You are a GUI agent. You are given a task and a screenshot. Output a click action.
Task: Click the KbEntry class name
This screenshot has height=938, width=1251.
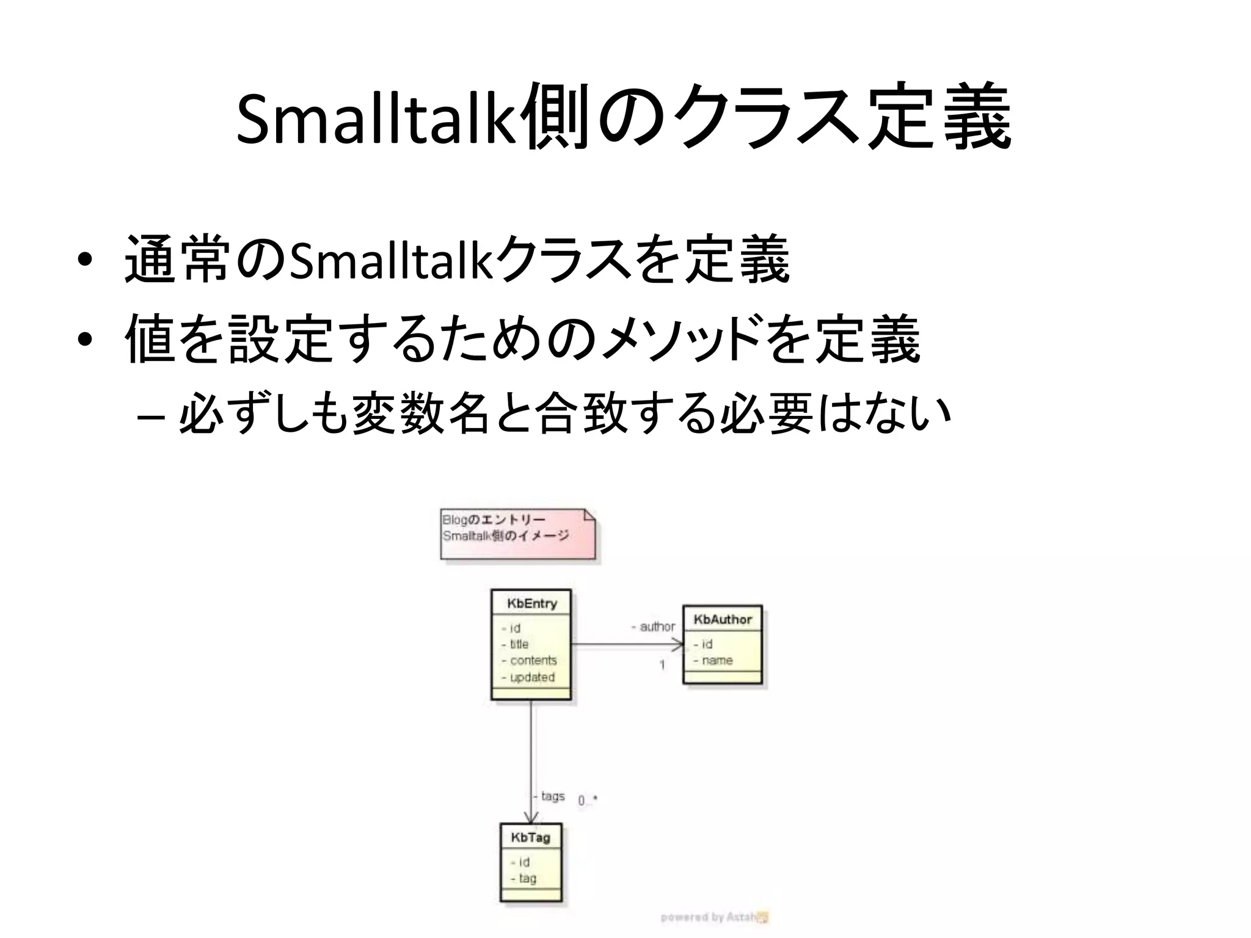pos(532,604)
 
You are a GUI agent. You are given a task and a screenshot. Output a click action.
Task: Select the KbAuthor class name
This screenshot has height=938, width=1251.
pos(723,620)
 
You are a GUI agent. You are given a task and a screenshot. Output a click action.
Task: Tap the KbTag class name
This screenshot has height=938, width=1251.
pos(531,838)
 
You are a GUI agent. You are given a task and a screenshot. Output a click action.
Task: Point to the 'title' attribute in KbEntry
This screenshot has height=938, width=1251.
pos(519,644)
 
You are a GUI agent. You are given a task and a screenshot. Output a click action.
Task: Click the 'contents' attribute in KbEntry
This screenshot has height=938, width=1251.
pos(533,661)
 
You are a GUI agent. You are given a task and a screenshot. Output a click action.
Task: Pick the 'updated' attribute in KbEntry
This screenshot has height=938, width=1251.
pos(531,677)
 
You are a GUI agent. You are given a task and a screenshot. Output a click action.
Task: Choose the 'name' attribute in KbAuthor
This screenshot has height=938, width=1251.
pos(717,661)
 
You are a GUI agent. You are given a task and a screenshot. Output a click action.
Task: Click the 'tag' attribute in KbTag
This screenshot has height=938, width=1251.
pos(527,879)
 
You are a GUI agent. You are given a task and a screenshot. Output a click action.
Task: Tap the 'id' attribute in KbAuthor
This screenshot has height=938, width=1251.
pos(707,644)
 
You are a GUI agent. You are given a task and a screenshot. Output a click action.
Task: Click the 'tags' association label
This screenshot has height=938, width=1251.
pos(552,796)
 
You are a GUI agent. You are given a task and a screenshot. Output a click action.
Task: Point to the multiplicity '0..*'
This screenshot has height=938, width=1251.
pos(588,800)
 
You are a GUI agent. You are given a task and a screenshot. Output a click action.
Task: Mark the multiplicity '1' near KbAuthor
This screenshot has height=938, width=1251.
pos(662,665)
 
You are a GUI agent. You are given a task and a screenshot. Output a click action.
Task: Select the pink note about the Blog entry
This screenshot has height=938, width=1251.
pos(517,533)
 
